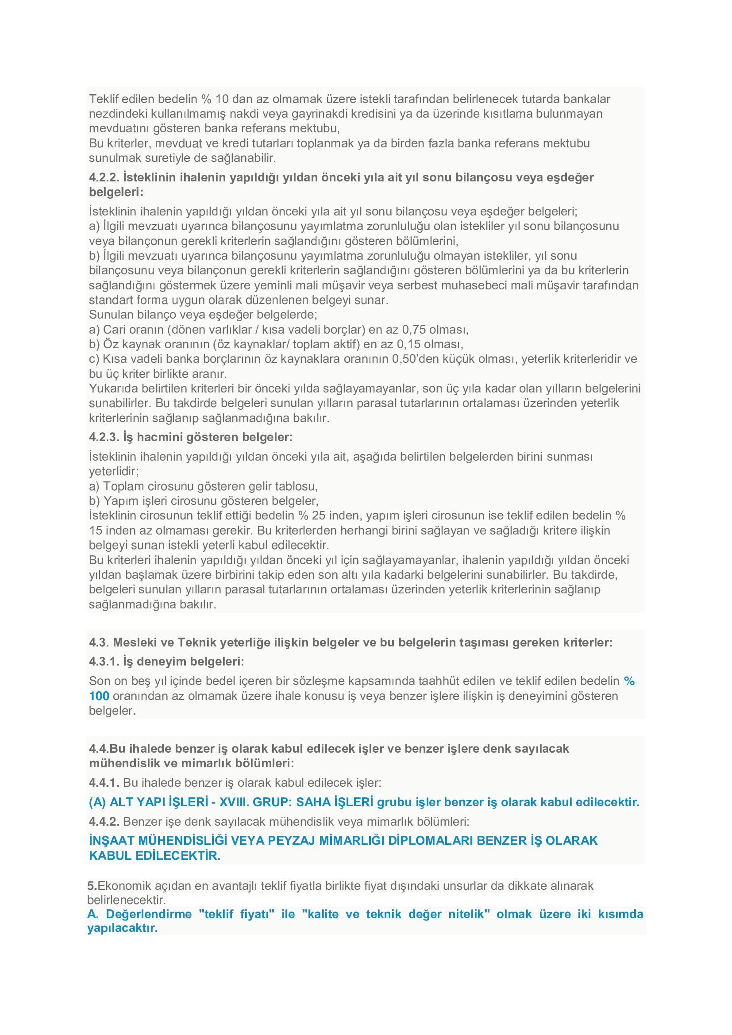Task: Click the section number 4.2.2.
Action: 104,177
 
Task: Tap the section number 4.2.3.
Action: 104,437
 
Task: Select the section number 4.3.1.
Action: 104,661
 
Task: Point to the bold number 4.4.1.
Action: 104,783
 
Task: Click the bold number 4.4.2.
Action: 104,821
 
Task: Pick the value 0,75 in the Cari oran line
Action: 414,330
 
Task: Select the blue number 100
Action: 99,696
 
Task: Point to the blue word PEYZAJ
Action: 291,841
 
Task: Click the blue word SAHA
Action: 313,802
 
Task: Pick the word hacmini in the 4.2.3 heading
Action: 161,437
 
